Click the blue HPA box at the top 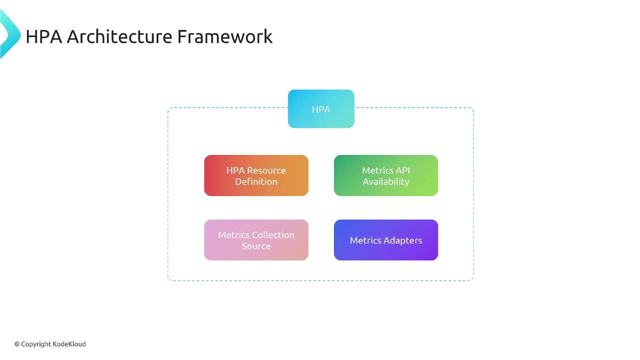point(321,109)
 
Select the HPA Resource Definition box point(256,175)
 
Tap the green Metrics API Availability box point(386,175)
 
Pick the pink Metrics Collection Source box point(256,240)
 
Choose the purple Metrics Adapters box point(386,240)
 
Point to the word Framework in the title point(225,36)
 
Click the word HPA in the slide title point(44,36)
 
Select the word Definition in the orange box point(256,181)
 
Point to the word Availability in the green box point(386,181)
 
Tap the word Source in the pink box point(256,246)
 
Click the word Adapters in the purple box point(403,240)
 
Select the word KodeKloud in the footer point(69,344)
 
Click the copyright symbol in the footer point(17,344)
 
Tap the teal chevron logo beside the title point(9,34)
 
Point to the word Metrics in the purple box point(365,240)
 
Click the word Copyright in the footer point(36,344)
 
